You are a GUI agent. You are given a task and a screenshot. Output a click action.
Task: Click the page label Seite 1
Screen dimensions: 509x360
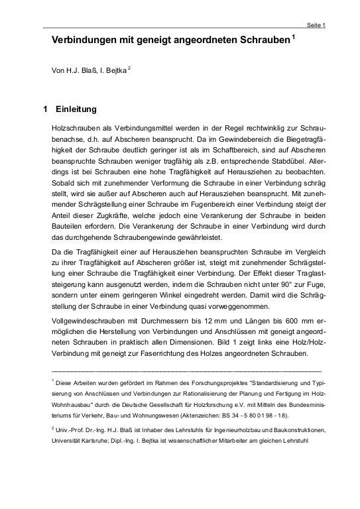click(x=316, y=25)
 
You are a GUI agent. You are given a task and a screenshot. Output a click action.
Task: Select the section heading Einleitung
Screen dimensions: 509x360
click(x=77, y=109)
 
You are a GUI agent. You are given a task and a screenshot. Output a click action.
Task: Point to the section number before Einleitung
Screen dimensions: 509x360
click(x=44, y=109)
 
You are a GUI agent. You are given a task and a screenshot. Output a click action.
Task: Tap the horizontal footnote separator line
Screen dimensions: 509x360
click(x=186, y=369)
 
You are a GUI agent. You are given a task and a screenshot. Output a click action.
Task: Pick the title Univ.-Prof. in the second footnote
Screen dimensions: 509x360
click(x=72, y=429)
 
